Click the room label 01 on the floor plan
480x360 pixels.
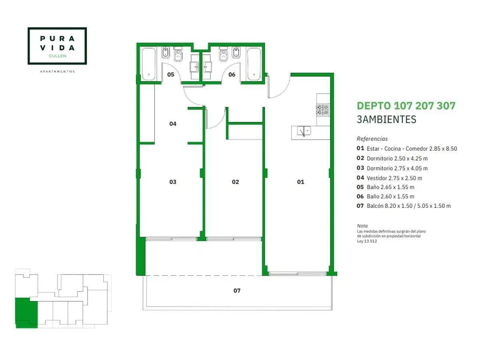pos(300,182)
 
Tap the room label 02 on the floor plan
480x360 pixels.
pos(235,182)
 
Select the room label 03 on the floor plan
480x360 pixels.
pos(173,182)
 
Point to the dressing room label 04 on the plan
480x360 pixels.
pos(173,124)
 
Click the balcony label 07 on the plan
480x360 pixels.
pos(237,290)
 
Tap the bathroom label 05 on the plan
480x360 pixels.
pos(170,74)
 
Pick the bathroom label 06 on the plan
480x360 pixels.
pos(232,74)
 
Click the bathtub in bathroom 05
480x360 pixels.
pos(149,64)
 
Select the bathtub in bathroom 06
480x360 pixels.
pos(254,64)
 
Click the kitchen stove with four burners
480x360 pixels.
pos(322,110)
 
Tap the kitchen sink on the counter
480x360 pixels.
pos(304,131)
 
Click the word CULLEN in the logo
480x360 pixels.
pos(58,56)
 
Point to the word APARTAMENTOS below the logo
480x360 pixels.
pos(57,72)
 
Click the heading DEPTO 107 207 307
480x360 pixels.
pos(406,106)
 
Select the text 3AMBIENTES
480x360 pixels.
pos(386,120)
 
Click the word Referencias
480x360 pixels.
pos(372,139)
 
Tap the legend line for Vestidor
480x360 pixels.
pos(389,178)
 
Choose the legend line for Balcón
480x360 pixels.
pos(404,206)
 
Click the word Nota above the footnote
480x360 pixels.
pos(362,226)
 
